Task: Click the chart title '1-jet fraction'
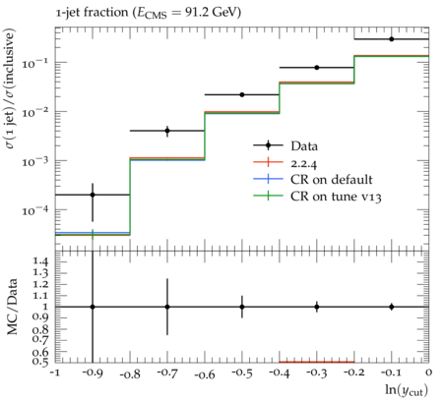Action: click(92, 13)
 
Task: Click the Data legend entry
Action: click(304, 145)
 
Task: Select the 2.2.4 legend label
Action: click(304, 163)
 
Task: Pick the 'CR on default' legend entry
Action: click(332, 180)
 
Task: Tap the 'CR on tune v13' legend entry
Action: click(336, 197)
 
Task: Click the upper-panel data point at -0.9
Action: click(93, 195)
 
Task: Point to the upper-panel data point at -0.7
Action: click(167, 131)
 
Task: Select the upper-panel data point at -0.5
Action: click(242, 94)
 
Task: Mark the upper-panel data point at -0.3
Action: click(317, 68)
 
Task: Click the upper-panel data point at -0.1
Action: click(392, 39)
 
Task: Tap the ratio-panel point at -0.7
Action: click(167, 307)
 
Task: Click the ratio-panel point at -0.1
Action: click(392, 307)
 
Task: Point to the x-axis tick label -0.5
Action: click(242, 372)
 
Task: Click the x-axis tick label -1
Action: click(56, 372)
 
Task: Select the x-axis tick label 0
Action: click(428, 372)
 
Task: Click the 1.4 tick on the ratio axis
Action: click(40, 261)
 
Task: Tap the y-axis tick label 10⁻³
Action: click(35, 161)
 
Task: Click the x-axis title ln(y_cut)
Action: click(407, 390)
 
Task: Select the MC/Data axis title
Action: click(13, 307)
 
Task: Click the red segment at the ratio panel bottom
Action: click(317, 362)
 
